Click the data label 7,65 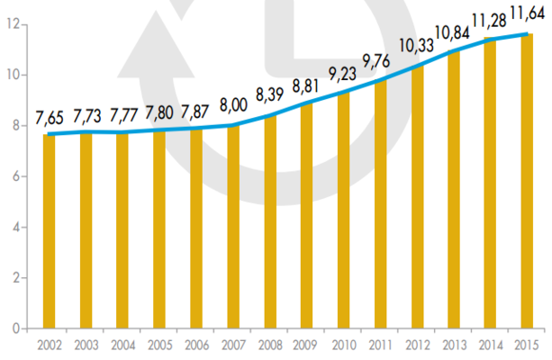[50, 117]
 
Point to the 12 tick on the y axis [12, 24]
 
